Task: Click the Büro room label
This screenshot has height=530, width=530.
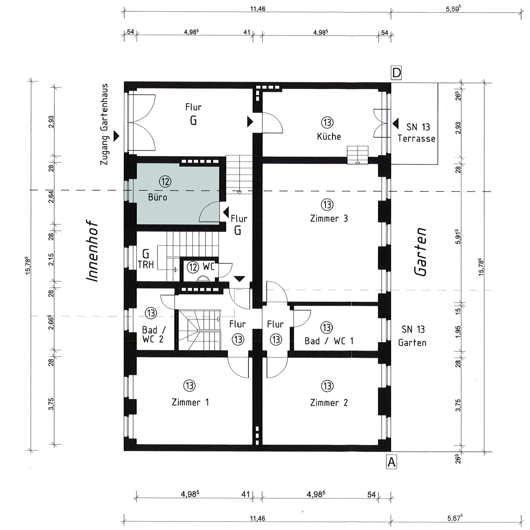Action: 158,197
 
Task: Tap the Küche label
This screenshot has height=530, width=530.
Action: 329,136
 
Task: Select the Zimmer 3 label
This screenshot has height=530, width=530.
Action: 329,218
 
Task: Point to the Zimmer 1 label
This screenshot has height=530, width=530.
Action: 190,402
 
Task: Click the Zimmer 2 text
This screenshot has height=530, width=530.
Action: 329,402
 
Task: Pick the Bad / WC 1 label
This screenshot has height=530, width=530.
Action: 329,341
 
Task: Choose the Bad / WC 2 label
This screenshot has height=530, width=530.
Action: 153,334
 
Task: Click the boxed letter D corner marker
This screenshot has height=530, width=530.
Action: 396,73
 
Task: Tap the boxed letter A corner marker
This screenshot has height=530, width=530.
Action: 392,462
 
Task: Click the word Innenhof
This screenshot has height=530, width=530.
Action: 92,251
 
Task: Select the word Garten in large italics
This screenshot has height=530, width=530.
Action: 421,252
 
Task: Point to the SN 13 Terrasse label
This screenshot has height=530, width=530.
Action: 417,132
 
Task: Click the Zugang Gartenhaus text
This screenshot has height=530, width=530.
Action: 104,124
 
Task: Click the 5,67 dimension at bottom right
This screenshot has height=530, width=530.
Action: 455,518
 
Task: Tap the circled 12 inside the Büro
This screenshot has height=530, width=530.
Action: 165,181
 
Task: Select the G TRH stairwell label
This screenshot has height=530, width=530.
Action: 146,259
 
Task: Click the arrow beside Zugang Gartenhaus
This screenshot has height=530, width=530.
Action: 116,136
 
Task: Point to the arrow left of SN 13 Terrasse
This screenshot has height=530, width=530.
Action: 396,124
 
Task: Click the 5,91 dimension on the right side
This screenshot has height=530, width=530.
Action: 458,236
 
